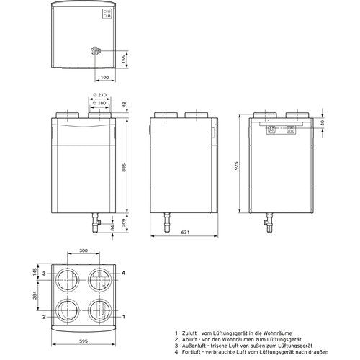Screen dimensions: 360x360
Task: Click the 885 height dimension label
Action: (x=124, y=168)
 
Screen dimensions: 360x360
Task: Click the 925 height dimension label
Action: (x=237, y=166)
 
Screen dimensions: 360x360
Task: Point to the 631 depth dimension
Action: (x=185, y=232)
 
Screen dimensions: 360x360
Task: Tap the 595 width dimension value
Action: (x=84, y=341)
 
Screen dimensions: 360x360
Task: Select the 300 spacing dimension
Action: (x=84, y=251)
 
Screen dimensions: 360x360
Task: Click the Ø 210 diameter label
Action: (x=100, y=95)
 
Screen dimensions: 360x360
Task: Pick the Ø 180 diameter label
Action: (x=99, y=103)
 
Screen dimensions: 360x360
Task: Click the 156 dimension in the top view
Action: (x=124, y=59)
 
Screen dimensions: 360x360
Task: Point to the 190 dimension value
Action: (x=104, y=78)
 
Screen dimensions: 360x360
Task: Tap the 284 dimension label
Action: (x=35, y=295)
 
